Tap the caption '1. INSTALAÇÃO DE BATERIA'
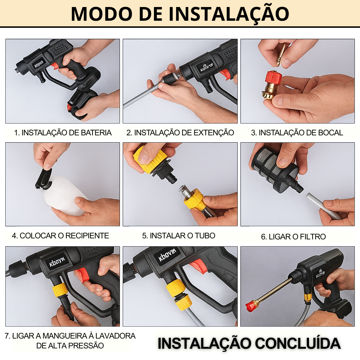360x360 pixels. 63,133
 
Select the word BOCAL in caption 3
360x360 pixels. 330,133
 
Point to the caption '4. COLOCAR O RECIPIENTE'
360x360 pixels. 60,236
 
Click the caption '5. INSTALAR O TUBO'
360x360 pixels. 179,236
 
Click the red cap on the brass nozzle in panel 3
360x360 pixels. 274,78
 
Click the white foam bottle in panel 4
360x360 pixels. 65,195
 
